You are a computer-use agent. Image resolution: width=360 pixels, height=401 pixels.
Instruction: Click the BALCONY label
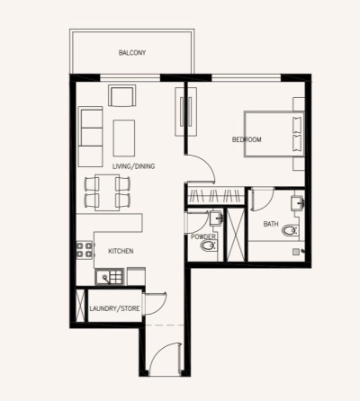[x=131, y=53]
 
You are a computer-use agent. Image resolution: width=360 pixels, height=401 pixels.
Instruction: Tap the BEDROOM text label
[x=247, y=139]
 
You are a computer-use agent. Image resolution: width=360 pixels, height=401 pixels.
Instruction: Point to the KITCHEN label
[x=121, y=251]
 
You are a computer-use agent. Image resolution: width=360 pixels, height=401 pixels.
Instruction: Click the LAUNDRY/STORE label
[x=114, y=309]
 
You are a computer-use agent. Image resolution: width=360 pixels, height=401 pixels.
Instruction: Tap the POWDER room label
[x=203, y=236]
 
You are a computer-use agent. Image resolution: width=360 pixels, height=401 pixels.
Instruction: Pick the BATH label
[x=270, y=223]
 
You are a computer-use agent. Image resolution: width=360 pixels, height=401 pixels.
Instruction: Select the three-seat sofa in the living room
[x=90, y=137]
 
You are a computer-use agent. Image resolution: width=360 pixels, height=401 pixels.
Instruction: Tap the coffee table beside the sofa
[x=124, y=138]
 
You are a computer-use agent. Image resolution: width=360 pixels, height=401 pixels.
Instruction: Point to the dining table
[x=107, y=192]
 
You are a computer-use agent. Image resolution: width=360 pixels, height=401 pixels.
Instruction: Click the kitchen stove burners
[x=86, y=250]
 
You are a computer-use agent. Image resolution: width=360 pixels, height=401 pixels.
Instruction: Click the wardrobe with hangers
[x=215, y=193]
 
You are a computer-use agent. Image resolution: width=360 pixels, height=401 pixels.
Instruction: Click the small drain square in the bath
[x=293, y=254]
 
